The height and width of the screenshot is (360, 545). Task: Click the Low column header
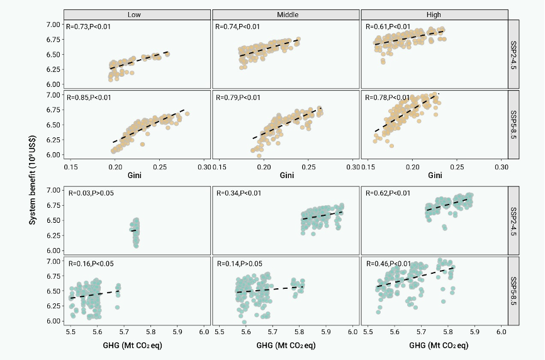point(137,14)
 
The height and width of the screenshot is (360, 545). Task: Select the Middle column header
point(286,14)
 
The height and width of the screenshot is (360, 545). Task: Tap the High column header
point(434,14)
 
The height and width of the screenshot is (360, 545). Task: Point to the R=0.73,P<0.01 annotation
point(89,27)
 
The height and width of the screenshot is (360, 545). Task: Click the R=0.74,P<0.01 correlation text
point(238,27)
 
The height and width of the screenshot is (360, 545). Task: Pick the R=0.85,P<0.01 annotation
point(89,98)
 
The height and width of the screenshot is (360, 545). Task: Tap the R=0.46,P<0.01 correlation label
point(388,264)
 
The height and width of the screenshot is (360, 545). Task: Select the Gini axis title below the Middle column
point(286,176)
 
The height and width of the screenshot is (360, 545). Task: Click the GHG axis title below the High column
point(434,346)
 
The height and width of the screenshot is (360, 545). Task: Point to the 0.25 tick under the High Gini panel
point(456,167)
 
